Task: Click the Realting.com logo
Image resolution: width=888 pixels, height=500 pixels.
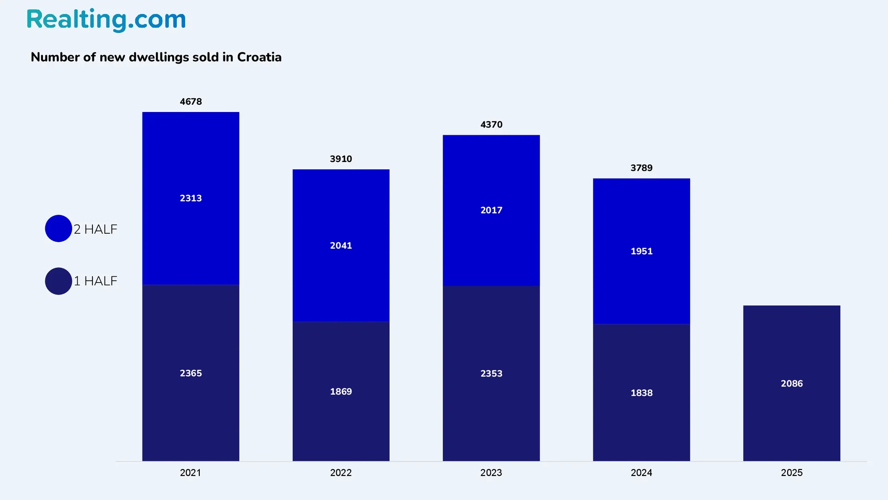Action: point(106,20)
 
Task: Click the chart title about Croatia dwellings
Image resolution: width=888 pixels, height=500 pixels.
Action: point(156,57)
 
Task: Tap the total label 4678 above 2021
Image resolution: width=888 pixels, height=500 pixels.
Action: point(191,101)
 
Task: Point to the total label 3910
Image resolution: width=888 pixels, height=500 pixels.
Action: point(341,159)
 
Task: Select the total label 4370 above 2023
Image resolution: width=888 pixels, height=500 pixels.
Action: point(491,125)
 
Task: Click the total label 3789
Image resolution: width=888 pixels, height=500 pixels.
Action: point(641,168)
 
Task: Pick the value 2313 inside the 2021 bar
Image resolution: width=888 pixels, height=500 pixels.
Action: point(191,198)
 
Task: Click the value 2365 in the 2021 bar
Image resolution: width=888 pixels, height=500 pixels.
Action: point(191,373)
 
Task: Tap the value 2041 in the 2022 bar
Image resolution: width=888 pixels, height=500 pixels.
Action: point(341,245)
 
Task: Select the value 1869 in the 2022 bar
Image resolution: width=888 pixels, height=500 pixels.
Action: point(341,392)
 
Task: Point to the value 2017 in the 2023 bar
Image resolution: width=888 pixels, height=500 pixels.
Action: point(491,210)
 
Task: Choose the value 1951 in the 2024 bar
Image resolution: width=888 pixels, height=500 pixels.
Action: point(641,251)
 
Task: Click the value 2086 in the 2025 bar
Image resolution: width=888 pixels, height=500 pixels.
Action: point(792,383)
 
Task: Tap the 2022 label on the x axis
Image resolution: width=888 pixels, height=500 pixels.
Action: point(341,473)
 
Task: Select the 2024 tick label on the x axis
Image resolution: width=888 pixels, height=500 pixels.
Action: point(641,473)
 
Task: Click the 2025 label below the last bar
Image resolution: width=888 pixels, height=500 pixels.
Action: point(792,473)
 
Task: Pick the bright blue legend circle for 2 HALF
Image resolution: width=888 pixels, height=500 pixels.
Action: point(58,228)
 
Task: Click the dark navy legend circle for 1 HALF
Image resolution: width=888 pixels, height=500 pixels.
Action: point(58,281)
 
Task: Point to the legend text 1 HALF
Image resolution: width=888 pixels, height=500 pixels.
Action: point(96,281)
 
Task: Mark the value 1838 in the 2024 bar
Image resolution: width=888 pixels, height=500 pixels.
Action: point(641,393)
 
